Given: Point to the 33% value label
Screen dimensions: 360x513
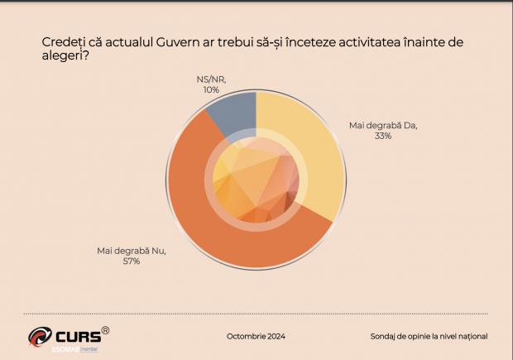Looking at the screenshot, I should coord(382,136).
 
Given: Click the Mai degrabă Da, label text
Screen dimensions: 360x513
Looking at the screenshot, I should coord(383,125).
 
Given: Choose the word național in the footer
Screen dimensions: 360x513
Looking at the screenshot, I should coord(469,336).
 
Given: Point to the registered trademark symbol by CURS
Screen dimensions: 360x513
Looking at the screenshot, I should coord(105,330).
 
